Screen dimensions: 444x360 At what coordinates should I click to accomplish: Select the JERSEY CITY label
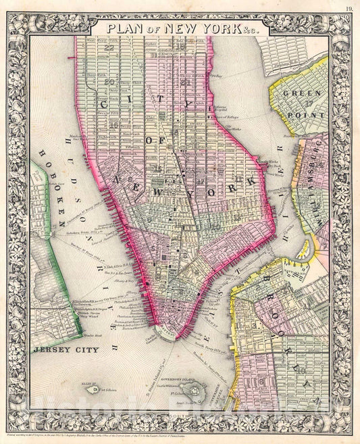66,350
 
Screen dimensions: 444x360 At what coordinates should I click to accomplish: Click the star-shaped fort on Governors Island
197,391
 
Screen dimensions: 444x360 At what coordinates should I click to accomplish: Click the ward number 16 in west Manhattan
115,125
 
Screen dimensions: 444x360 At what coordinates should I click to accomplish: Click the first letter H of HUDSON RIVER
72,139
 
